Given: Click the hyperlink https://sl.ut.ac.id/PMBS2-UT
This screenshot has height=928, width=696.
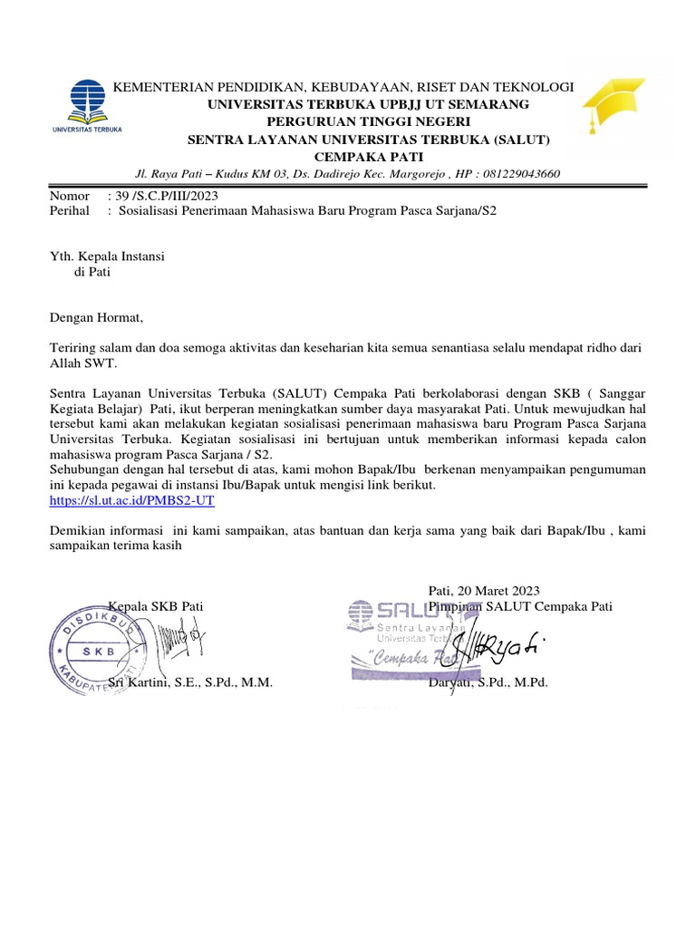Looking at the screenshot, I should (131, 499).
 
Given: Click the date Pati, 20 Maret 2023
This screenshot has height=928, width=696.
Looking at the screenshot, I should (484, 590).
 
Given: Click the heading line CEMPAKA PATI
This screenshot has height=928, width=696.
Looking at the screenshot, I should (368, 156).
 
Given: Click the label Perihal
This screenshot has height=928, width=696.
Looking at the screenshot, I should (70, 210).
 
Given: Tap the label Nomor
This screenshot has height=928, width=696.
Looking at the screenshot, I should (70, 196).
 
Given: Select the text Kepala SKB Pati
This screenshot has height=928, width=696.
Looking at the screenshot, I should (156, 605).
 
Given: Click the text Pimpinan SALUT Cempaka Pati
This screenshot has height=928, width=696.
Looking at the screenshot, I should (521, 605).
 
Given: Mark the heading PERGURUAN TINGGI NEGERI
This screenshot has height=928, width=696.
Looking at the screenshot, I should (368, 122).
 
